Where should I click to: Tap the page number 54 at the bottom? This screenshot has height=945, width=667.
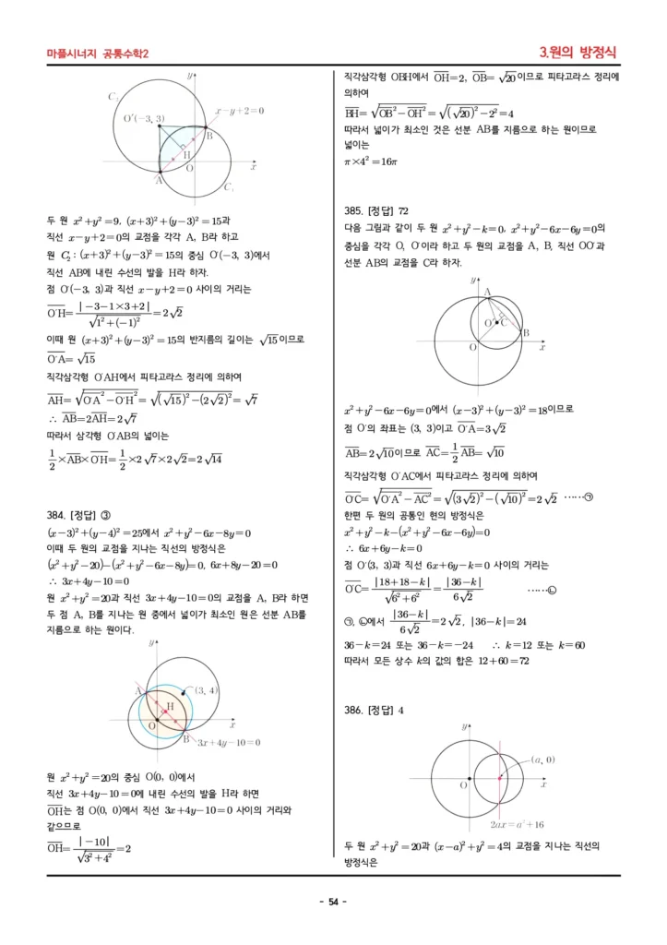[333, 901]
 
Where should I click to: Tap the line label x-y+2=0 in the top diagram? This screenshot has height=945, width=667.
[239, 111]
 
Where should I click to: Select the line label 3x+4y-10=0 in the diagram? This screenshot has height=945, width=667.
[227, 741]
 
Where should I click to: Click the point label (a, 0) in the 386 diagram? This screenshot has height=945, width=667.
[542, 759]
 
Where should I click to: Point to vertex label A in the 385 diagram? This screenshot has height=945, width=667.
[487, 291]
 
